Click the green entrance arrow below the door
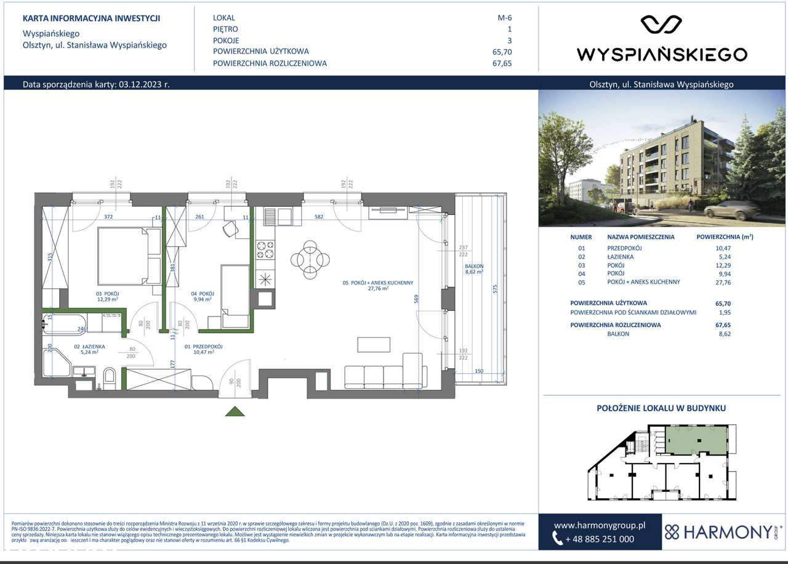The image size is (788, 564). pyautogui.click(x=234, y=411)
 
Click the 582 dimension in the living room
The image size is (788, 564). pyautogui.click(x=318, y=217)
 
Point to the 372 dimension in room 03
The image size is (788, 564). pyautogui.click(x=108, y=217)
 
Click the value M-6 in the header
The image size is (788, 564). pyautogui.click(x=505, y=18)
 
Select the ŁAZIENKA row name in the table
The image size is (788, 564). pyautogui.click(x=620, y=256)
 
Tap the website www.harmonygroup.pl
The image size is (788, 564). pyautogui.click(x=599, y=525)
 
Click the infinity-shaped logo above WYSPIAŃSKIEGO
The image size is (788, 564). pyautogui.click(x=661, y=25)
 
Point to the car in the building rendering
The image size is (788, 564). pyautogui.click(x=733, y=211)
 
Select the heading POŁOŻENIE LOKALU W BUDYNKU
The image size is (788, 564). pyautogui.click(x=662, y=408)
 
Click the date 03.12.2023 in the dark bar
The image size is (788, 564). pyautogui.click(x=141, y=85)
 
